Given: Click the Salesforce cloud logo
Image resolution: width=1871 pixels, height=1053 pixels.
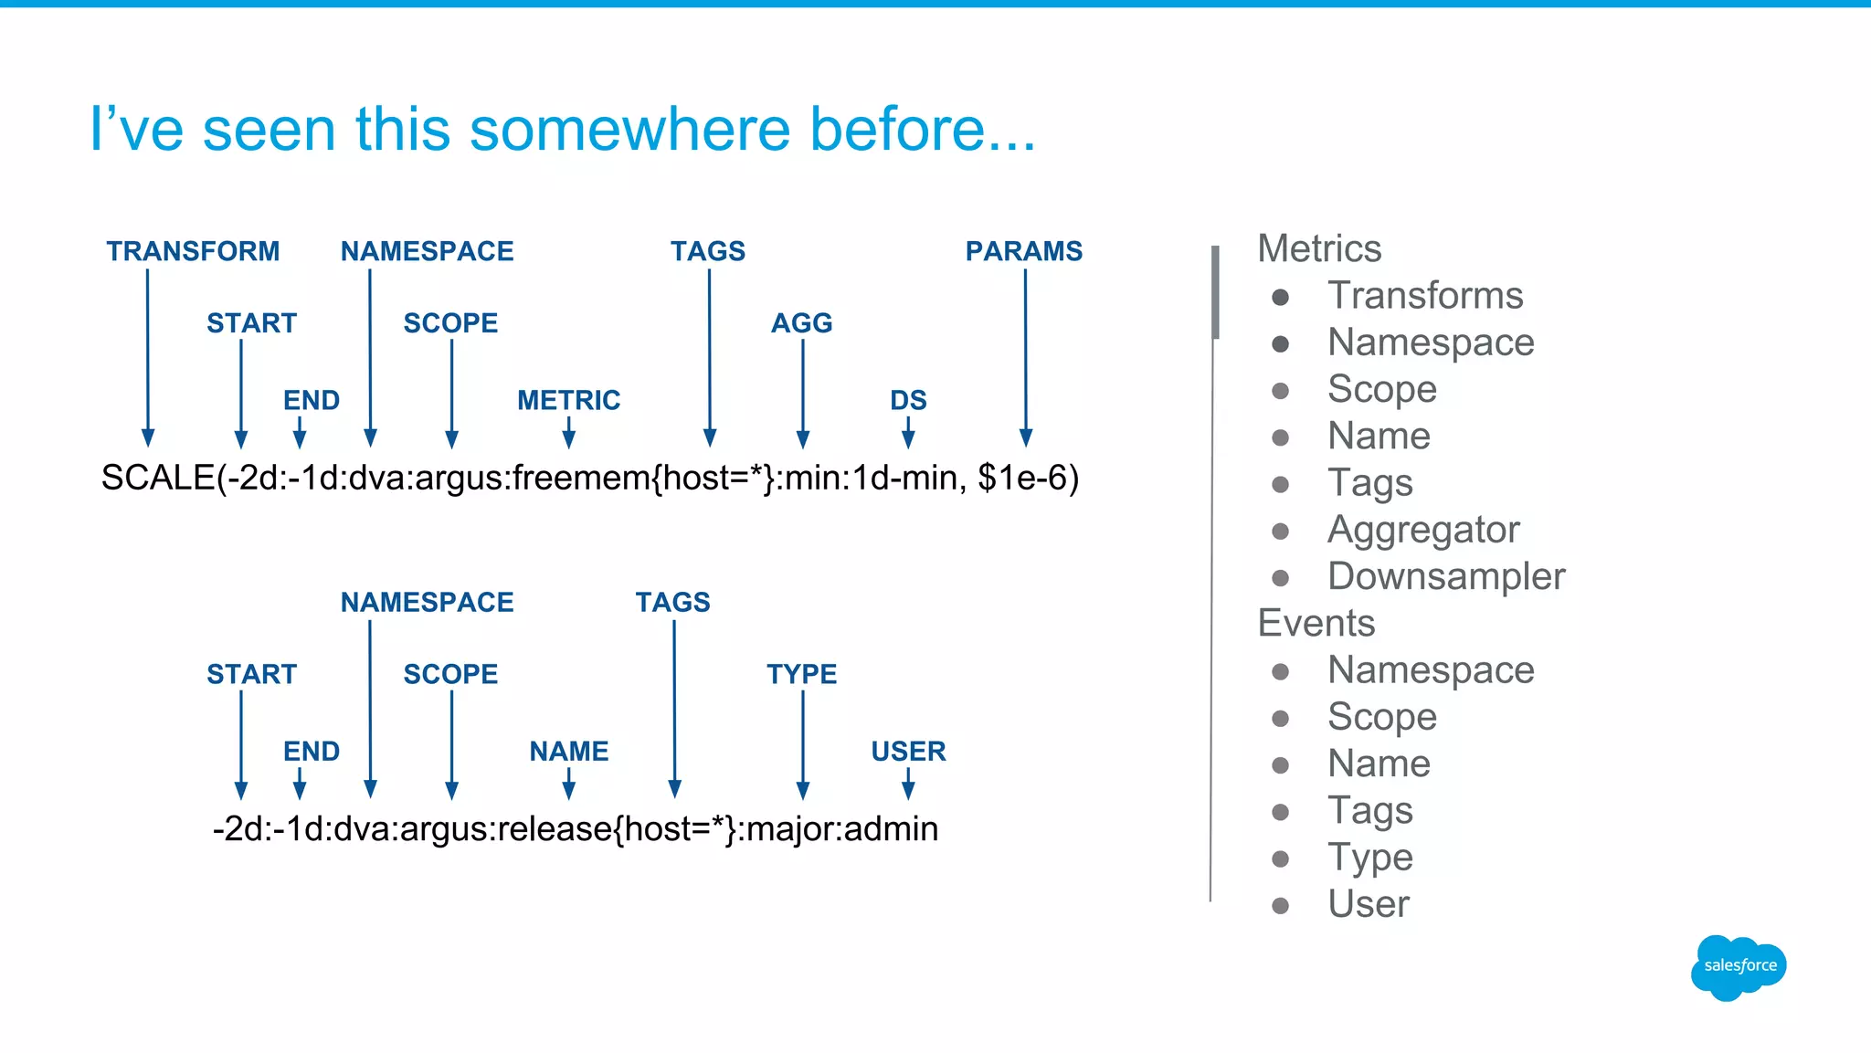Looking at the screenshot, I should click(1738, 966).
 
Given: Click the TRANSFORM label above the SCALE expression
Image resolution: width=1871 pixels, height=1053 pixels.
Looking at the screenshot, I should click(193, 251).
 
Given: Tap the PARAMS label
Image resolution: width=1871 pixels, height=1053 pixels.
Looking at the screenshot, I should click(1023, 251).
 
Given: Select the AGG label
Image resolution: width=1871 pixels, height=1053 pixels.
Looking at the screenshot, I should click(801, 323).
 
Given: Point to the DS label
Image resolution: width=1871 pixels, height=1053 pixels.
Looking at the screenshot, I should click(908, 400).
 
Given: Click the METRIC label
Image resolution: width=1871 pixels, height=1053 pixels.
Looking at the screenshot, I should click(568, 400).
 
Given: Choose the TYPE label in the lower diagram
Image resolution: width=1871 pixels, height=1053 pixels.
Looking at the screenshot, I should click(801, 674).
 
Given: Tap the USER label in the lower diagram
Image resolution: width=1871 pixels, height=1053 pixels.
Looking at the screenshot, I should click(908, 751).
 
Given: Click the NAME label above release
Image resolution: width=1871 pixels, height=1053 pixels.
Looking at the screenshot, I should click(568, 751).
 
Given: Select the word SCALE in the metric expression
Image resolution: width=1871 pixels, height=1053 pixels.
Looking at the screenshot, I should click(157, 478).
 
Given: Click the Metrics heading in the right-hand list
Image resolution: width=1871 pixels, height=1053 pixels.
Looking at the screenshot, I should click(1318, 248).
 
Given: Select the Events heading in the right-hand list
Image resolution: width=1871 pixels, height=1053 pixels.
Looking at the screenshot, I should click(1316, 623).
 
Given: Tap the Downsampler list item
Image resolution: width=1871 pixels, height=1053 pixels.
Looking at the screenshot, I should click(1445, 576).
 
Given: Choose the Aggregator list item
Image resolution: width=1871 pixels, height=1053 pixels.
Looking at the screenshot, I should click(1422, 530).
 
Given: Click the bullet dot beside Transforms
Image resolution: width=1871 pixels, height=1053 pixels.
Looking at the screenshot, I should click(1281, 297).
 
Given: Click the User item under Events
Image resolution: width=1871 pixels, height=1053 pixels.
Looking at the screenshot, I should click(1368, 904).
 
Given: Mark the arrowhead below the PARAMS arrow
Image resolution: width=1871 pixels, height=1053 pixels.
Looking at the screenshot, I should click(1026, 437).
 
